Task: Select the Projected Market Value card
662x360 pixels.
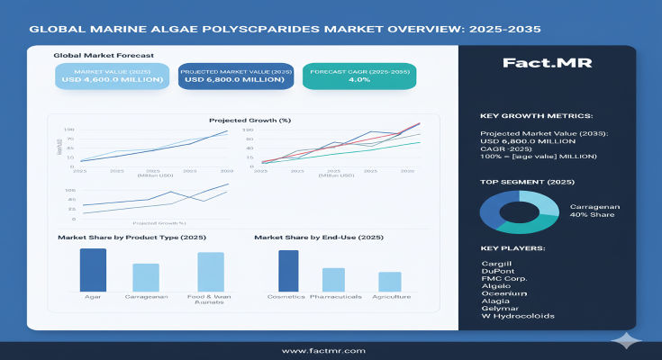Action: (x=237, y=75)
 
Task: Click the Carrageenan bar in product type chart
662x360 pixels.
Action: (x=146, y=276)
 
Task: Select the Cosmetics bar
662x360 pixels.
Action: (x=288, y=270)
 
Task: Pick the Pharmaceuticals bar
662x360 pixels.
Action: (x=333, y=279)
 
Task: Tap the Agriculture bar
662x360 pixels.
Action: (x=389, y=282)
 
